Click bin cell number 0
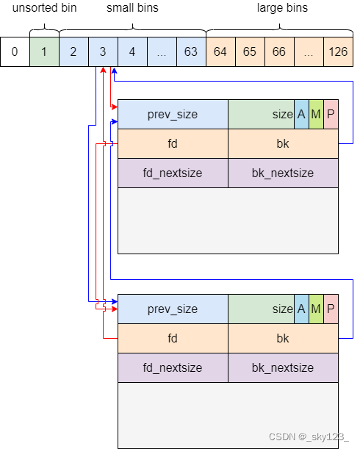[x=15, y=52]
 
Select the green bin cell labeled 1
[x=44, y=52]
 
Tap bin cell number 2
[x=73, y=52]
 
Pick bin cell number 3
[x=103, y=52]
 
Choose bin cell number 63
[x=191, y=52]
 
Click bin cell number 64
[x=220, y=52]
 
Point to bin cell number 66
[x=279, y=52]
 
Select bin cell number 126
[x=338, y=52]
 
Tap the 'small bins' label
[x=132, y=10]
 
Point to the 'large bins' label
[x=282, y=10]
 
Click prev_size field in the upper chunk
[x=173, y=115]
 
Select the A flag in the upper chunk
[x=301, y=115]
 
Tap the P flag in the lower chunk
[x=331, y=309]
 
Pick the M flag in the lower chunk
[x=316, y=309]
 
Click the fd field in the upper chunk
[x=173, y=144]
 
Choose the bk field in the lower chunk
[x=283, y=339]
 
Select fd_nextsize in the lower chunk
[x=173, y=368]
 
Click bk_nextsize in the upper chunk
[x=283, y=173]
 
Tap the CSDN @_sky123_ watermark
[x=309, y=437]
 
